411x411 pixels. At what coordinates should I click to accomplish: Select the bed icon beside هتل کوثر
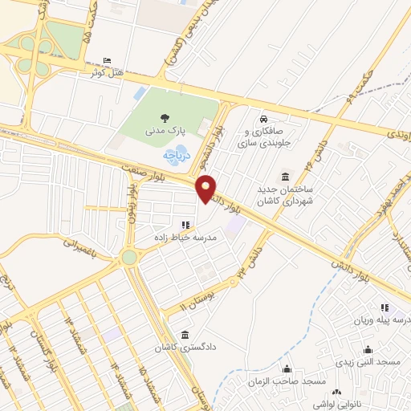tap(108, 60)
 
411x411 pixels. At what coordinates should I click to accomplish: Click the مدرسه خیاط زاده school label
tap(186, 238)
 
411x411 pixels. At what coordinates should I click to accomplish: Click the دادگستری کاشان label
tap(186, 347)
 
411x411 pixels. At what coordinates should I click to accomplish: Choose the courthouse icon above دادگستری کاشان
tap(186, 334)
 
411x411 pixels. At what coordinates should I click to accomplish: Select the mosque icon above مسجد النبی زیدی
tap(368, 350)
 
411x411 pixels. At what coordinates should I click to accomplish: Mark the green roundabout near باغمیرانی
tap(129, 257)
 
